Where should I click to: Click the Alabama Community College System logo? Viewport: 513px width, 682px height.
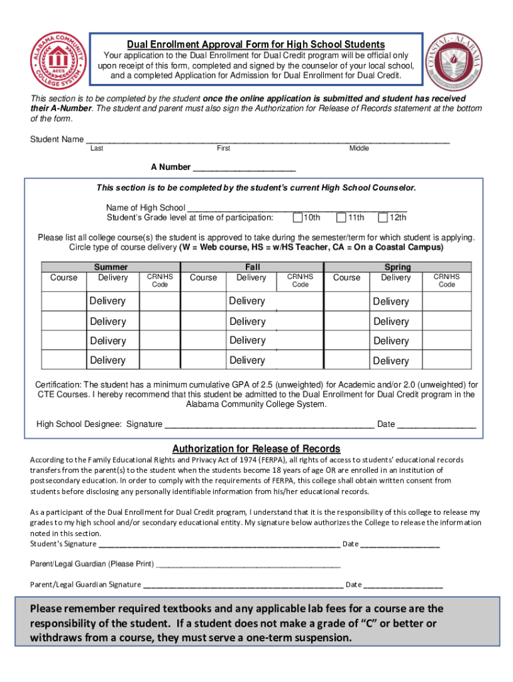(x=56, y=62)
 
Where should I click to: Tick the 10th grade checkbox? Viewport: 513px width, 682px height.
(x=297, y=217)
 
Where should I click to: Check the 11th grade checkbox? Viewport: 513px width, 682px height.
(x=341, y=217)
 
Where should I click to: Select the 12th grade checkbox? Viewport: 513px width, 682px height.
(x=383, y=217)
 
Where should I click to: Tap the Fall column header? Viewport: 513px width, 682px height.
(x=253, y=267)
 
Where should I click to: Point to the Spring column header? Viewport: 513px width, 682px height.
(x=398, y=267)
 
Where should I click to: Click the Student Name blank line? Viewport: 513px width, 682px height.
(x=266, y=141)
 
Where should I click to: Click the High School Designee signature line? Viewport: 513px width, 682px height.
(x=269, y=425)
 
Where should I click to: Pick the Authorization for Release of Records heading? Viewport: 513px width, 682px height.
(x=256, y=449)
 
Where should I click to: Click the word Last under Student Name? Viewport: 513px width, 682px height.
(x=97, y=149)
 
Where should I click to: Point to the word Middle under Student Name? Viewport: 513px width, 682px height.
(x=359, y=149)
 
